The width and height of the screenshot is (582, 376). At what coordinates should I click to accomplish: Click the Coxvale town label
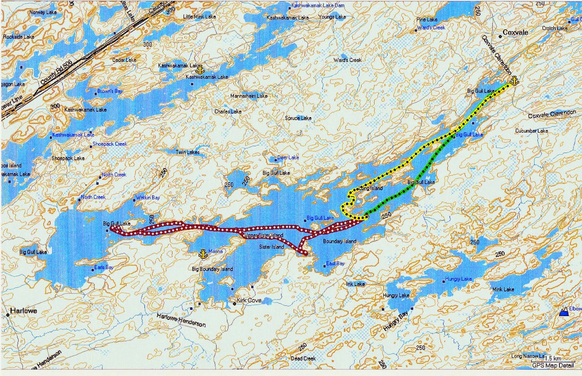tap(515, 32)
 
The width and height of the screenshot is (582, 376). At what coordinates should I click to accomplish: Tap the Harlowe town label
tap(23, 311)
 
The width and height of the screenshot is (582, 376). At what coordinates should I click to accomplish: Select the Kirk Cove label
tap(249, 300)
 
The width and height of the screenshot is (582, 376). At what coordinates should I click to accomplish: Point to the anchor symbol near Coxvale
tap(514, 81)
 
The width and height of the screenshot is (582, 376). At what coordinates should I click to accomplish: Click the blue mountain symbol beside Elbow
tap(564, 312)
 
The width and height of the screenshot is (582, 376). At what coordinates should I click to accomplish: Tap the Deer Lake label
tap(288, 157)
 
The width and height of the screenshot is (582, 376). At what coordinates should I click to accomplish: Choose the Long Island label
tap(371, 188)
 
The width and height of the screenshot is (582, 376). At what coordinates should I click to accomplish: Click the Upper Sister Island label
tap(264, 235)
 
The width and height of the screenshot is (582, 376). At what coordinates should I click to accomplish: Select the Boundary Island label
tap(339, 241)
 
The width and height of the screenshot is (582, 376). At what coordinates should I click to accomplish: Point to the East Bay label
tap(335, 263)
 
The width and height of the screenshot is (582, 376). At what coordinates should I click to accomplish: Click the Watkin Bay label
tap(148, 197)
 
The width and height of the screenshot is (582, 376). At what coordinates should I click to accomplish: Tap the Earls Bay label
tap(104, 267)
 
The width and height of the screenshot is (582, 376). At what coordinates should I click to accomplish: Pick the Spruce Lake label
tap(298, 118)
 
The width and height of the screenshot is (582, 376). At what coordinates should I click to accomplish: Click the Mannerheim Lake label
tap(249, 96)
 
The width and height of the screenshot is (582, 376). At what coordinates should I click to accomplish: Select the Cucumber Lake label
tap(531, 131)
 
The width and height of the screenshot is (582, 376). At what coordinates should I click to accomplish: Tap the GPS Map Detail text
tap(553, 365)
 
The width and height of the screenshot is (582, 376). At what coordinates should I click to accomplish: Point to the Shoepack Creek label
tap(109, 144)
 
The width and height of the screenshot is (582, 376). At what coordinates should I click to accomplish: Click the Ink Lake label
tap(355, 284)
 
